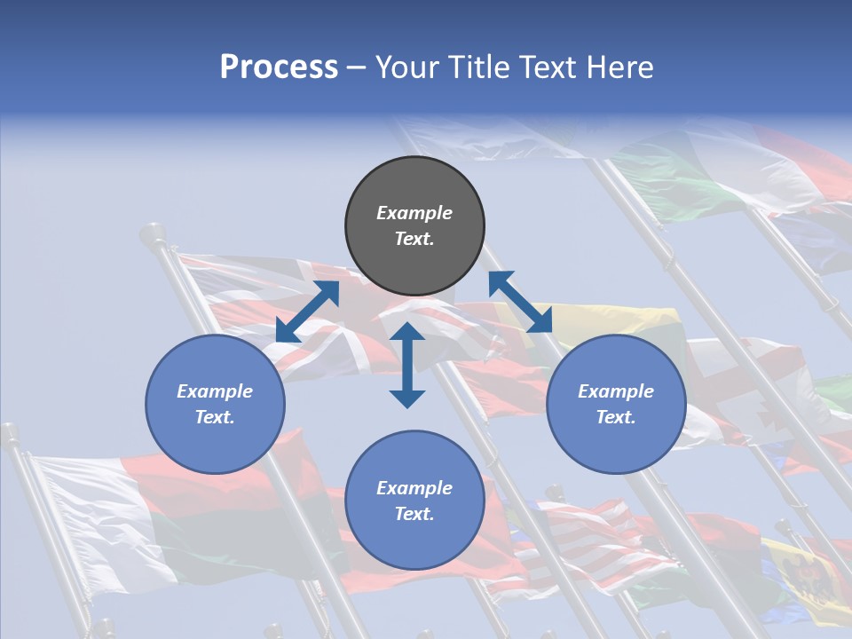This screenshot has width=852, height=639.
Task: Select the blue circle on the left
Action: coord(215,404)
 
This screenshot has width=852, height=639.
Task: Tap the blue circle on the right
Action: coord(616,404)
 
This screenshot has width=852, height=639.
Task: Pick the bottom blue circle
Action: coord(414,500)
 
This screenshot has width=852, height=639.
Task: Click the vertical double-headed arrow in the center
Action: coord(407,365)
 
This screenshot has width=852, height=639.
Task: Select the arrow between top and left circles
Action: coord(307,312)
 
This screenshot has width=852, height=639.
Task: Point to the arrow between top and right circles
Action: coord(520,302)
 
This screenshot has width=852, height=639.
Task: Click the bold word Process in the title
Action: coord(279,67)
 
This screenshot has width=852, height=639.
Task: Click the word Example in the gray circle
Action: coord(414,213)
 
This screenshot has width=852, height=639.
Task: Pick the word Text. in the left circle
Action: coord(215,417)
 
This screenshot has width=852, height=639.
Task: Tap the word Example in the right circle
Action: coord(616,391)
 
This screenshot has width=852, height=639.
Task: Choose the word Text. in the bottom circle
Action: coord(414,514)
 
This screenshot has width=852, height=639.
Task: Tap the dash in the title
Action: coord(357,67)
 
